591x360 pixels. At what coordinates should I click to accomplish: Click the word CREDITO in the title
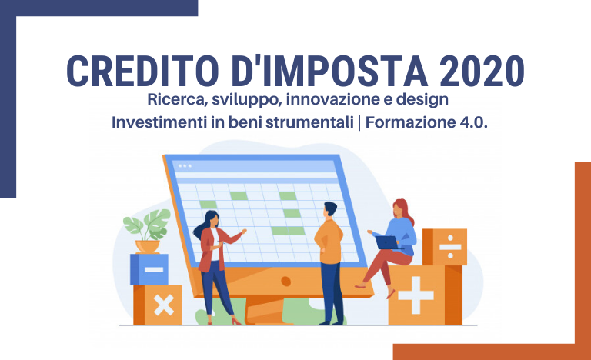143,71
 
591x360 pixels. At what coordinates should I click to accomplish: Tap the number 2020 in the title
481,71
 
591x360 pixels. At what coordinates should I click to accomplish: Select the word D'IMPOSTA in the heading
330,71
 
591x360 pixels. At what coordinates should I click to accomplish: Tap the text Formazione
410,122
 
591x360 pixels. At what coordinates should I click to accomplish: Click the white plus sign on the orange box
416,295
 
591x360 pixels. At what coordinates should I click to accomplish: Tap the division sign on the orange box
450,247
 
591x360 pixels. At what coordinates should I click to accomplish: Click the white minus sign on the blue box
154,269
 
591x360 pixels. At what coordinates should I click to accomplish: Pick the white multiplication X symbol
164,305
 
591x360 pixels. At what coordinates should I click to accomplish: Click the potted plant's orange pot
148,246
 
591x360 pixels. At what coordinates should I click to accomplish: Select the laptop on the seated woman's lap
388,242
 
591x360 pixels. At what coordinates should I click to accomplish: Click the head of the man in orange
330,210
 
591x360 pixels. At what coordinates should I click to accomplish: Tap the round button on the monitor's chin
286,281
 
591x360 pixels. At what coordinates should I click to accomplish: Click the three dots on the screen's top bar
185,166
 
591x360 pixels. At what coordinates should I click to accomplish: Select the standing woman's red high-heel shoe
236,322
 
